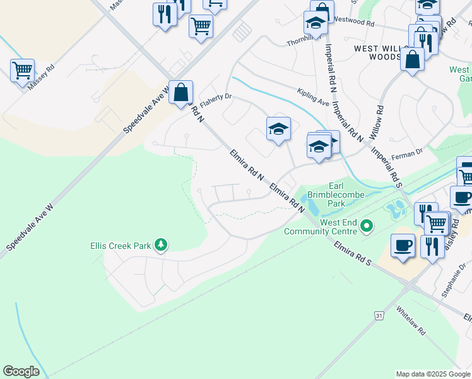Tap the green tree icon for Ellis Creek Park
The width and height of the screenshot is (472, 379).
[x=161, y=244]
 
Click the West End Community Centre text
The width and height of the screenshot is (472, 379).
[x=320, y=227]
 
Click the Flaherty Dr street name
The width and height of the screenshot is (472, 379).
[x=216, y=99]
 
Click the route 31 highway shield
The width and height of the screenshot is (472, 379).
[x=379, y=315]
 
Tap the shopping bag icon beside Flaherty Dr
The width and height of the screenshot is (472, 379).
[x=180, y=92]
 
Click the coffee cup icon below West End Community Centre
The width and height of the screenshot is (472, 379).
[x=403, y=244]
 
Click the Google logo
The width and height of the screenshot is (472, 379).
[x=21, y=371]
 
